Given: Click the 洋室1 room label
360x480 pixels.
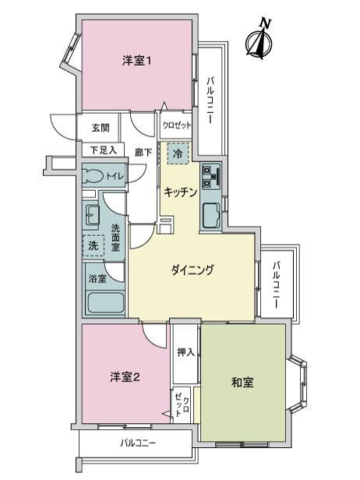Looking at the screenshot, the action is pyautogui.click(x=136, y=61).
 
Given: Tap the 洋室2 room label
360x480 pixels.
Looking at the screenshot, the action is pyautogui.click(x=125, y=377).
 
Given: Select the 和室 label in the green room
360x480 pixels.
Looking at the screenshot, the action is pyautogui.click(x=242, y=382).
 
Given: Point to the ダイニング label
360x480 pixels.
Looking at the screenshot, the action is pyautogui.click(x=192, y=270).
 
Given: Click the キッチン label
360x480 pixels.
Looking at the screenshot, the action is pyautogui.click(x=180, y=192).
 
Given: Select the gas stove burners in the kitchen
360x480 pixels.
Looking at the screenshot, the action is pyautogui.click(x=211, y=177).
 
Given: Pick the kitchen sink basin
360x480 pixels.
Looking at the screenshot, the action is pyautogui.click(x=210, y=214).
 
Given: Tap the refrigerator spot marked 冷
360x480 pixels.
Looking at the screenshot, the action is pyautogui.click(x=178, y=154).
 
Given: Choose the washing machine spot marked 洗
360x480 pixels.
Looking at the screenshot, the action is pyautogui.click(x=94, y=245).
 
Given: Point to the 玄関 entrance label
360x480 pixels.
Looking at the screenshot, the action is pyautogui.click(x=101, y=127).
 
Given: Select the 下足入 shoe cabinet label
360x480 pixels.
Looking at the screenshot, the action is pyautogui.click(x=104, y=150).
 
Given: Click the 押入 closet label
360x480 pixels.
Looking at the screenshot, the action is pyautogui.click(x=185, y=352).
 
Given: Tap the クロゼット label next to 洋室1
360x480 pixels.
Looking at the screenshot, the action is pyautogui.click(x=177, y=125).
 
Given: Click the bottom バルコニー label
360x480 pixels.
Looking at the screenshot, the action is pyautogui.click(x=138, y=443).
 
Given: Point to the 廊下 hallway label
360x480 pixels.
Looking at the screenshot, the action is pyautogui.click(x=143, y=153).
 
